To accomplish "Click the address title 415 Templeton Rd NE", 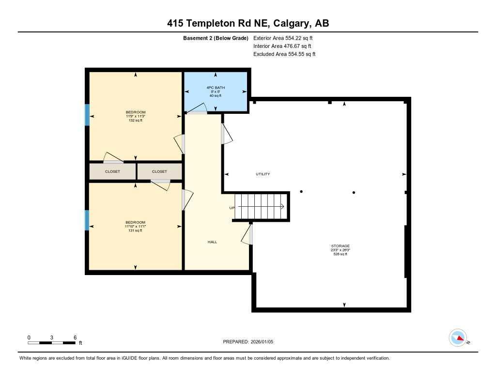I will pos(248,23).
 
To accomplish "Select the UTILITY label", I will pos(263,174).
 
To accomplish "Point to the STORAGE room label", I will pos(340,246).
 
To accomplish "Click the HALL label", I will pos(212,242).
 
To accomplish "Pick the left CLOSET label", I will pos(112,171).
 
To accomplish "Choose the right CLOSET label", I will pos(159,171).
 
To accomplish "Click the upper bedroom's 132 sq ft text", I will pos(135,120).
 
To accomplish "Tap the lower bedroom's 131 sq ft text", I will pos(135,230).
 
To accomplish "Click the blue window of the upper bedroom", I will pos(87,115).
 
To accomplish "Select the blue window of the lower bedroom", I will pos(87,220).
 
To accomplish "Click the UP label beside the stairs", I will pos(232,208).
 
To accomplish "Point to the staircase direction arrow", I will pos(262,206).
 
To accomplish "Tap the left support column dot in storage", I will pos(301,192).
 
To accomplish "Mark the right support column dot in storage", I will pos(354,192).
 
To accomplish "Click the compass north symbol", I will pos(458,337).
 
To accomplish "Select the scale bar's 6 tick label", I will pos(75,337).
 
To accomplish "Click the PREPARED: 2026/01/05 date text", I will pos(251,342).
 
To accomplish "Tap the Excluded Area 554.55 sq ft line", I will pos(284,54).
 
